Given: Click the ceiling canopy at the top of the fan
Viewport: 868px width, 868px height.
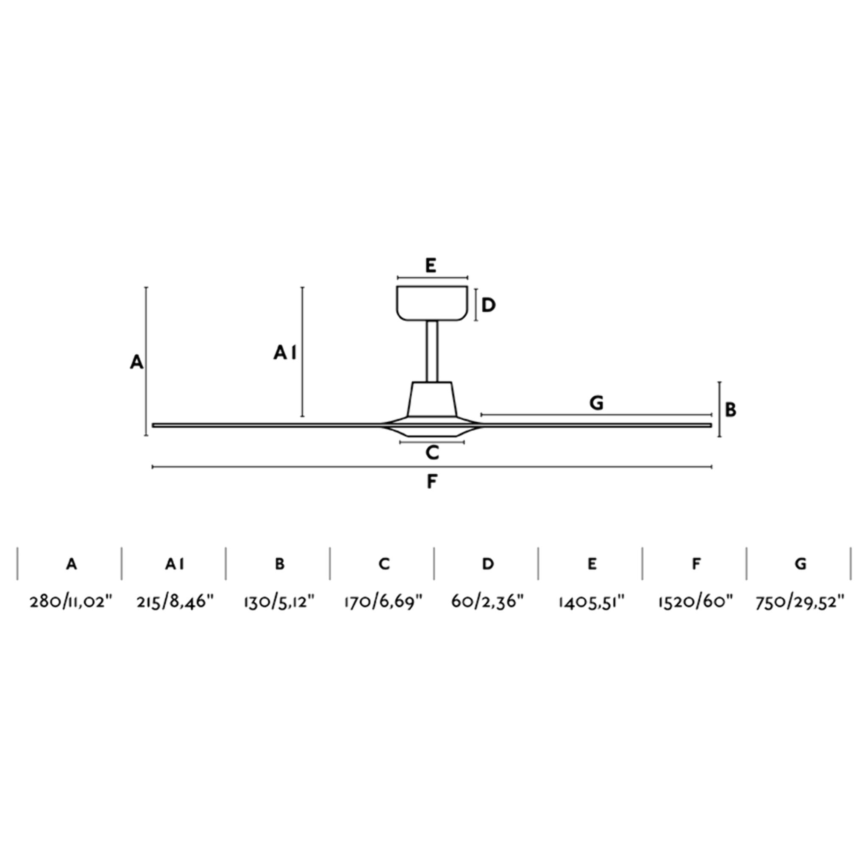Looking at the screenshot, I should (x=432, y=303).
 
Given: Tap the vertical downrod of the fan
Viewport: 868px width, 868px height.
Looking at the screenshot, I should (x=432, y=351).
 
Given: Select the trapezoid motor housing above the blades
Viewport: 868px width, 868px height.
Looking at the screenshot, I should (x=432, y=399).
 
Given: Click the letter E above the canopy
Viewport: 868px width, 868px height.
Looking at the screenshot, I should (x=431, y=266).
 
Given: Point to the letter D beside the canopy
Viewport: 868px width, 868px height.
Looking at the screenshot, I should (x=488, y=306).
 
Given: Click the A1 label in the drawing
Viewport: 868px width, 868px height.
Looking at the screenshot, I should (x=285, y=353).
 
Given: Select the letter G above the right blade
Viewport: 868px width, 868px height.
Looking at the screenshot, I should (x=596, y=403).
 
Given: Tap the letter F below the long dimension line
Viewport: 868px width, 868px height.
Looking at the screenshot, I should (x=431, y=481).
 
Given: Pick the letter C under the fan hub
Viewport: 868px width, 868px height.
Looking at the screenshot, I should (x=432, y=453).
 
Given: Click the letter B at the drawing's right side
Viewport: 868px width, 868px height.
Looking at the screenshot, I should (x=731, y=410).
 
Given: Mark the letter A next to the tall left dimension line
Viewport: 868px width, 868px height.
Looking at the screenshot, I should (x=136, y=362).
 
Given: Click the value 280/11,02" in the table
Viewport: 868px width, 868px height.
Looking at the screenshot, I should (x=70, y=601).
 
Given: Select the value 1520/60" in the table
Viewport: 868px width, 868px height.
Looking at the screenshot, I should (x=696, y=601).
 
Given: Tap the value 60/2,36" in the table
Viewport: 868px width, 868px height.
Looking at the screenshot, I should (x=487, y=601).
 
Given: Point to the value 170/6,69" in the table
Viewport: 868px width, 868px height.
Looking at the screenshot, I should (x=383, y=601).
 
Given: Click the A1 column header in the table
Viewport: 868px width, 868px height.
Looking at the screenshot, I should (x=174, y=564).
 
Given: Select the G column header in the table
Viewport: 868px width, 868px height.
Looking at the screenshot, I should (x=800, y=564).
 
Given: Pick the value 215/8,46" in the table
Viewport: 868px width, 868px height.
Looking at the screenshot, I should (x=175, y=601).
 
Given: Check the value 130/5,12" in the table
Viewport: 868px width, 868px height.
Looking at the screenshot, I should (x=279, y=601).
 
